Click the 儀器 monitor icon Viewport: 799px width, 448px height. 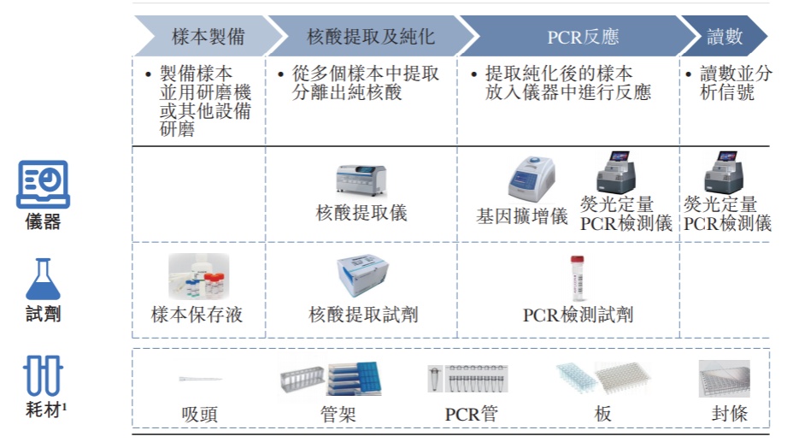(x=43, y=185)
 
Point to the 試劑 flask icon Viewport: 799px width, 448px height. (x=43, y=279)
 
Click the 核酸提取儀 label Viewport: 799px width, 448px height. (x=361, y=213)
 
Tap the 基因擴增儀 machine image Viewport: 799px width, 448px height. (x=533, y=180)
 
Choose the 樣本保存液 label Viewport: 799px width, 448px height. (x=197, y=315)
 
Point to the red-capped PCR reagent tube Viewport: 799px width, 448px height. (x=579, y=278)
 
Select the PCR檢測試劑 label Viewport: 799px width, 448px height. (x=579, y=315)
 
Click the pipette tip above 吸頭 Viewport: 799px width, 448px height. (x=200, y=379)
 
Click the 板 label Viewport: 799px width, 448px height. (x=602, y=415)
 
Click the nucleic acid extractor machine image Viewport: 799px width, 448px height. (x=361, y=180)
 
